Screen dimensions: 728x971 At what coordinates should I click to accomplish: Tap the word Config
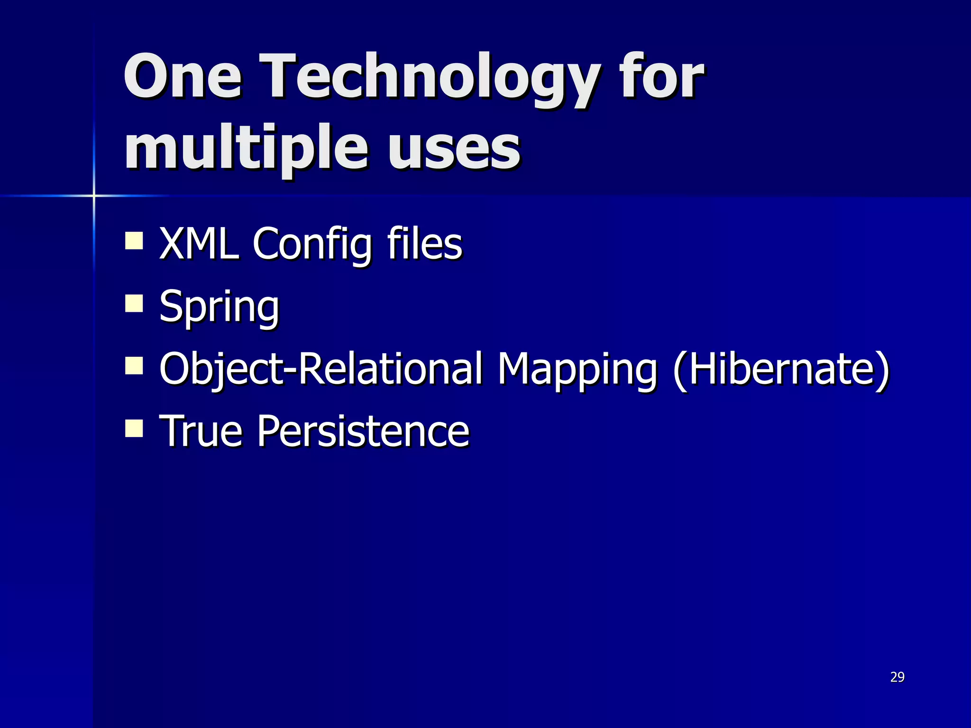coord(311,246)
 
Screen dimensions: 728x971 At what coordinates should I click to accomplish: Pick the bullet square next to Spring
coord(134,303)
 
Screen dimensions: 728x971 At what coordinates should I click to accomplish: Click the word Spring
coord(219,308)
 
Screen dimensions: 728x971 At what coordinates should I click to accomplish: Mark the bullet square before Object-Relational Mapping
coord(134,366)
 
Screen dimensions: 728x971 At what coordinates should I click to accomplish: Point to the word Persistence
coord(363,431)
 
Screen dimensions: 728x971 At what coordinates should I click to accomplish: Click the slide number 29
coord(897,677)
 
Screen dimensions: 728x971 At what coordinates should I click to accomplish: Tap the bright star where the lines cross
coord(94,195)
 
